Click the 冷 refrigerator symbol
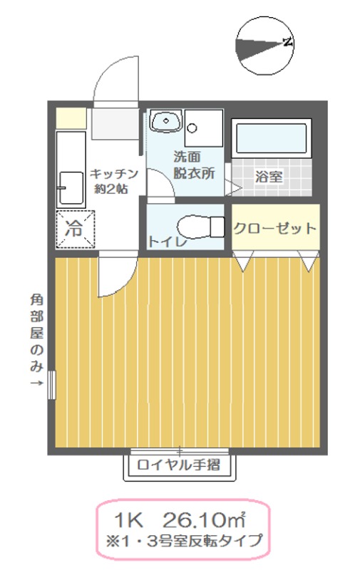pos(74,229)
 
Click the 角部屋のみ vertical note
pos(36,335)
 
